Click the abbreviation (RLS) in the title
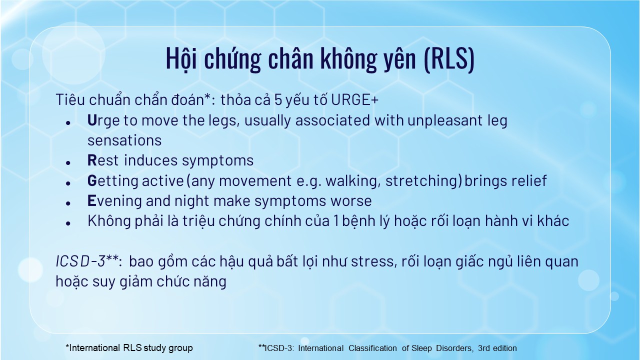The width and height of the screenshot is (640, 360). coord(449,58)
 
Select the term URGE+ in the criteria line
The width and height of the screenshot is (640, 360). coord(354,99)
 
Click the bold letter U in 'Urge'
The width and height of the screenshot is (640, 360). coord(92,120)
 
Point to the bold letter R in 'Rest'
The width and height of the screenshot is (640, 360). coord(92,160)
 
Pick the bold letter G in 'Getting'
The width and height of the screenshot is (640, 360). coord(92,180)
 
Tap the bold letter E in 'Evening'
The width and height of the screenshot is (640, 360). coord(91,200)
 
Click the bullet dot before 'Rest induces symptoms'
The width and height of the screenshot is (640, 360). coord(68,163)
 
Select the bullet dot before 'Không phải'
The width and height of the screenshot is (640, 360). coord(68,223)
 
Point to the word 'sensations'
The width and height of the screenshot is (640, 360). coord(124,140)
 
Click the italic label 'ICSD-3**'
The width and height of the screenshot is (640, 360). coord(87,261)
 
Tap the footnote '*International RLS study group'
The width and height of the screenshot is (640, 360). coord(129,348)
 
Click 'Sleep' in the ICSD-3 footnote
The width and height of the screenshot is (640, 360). coord(421,348)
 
